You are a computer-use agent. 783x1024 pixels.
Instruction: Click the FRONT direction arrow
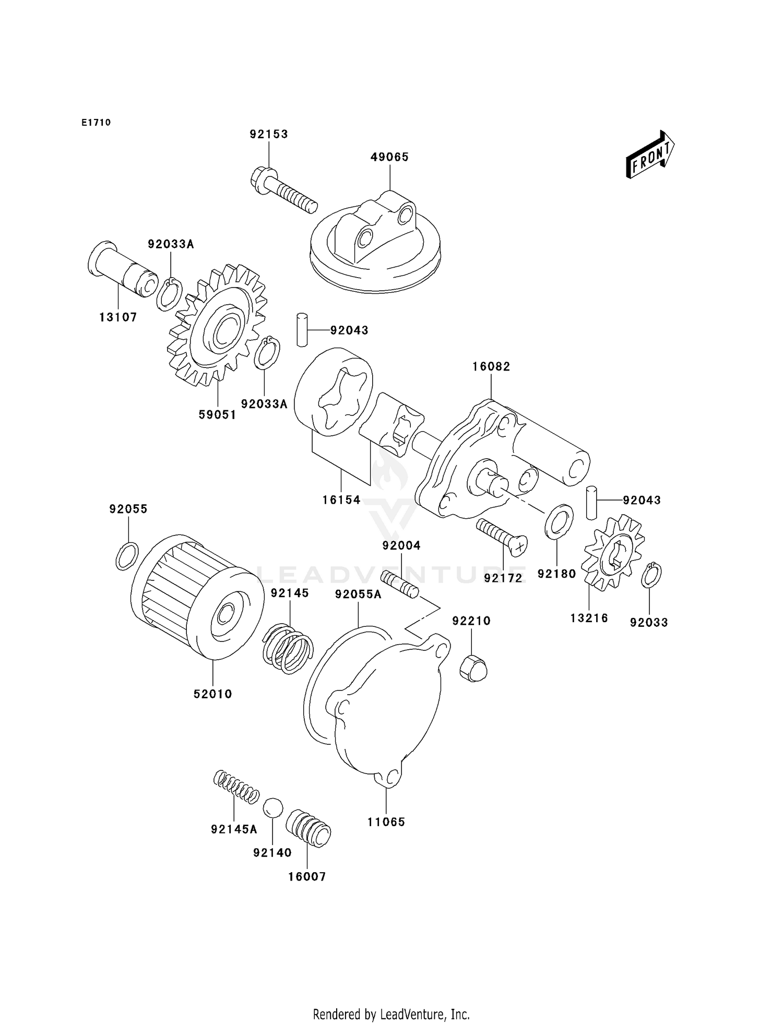[x=649, y=154]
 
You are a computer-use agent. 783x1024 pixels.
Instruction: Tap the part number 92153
[x=269, y=134]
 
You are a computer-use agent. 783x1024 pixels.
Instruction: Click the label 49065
[x=389, y=157]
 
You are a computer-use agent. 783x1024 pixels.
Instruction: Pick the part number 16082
[x=491, y=366]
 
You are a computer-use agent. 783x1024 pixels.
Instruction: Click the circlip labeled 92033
[x=651, y=575]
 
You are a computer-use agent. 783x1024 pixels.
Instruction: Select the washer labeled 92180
[x=559, y=521]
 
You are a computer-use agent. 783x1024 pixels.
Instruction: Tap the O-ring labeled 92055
[x=127, y=556]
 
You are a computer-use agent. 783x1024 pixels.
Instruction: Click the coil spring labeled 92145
[x=287, y=648]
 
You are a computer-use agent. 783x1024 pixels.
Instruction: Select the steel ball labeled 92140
[x=272, y=808]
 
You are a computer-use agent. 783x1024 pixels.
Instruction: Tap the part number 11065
[x=386, y=822]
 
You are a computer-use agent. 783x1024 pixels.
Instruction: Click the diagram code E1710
[x=96, y=123]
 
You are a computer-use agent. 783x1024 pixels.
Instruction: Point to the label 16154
[x=341, y=500]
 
